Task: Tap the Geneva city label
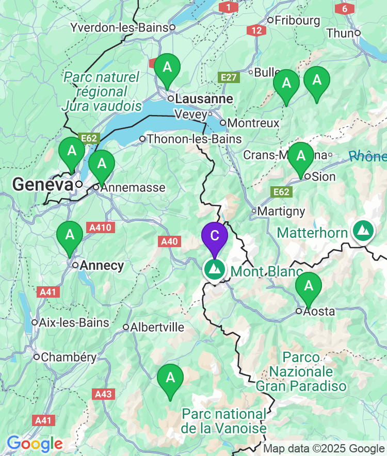tap(42, 184)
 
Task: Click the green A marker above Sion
tap(300, 157)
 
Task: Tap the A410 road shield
tap(101, 227)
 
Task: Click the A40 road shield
tap(170, 241)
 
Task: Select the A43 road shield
tap(103, 394)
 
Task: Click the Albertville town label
tap(157, 327)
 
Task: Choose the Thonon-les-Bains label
tap(194, 139)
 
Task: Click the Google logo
tap(35, 443)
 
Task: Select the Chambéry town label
tap(69, 357)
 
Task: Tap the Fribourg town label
tap(297, 21)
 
